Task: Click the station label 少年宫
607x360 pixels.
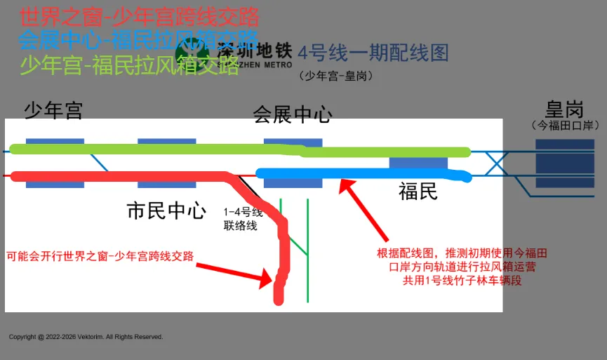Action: pyautogui.click(x=53, y=110)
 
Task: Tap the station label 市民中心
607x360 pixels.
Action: pyautogui.click(x=166, y=211)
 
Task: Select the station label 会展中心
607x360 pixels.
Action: pyautogui.click(x=292, y=114)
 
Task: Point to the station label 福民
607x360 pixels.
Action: pyautogui.click(x=418, y=191)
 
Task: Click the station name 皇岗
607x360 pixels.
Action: pyautogui.click(x=564, y=109)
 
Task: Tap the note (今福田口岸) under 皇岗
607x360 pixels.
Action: pyautogui.click(x=564, y=126)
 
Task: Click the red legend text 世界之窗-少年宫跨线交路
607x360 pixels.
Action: pyautogui.click(x=140, y=16)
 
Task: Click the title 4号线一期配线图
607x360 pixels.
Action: pyautogui.click(x=373, y=53)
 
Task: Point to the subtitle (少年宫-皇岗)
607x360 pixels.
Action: pyautogui.click(x=335, y=76)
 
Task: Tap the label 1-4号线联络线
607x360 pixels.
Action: pyautogui.click(x=243, y=219)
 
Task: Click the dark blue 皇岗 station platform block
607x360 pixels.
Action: pyautogui.click(x=564, y=163)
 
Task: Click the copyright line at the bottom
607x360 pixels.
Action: pyautogui.click(x=86, y=337)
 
